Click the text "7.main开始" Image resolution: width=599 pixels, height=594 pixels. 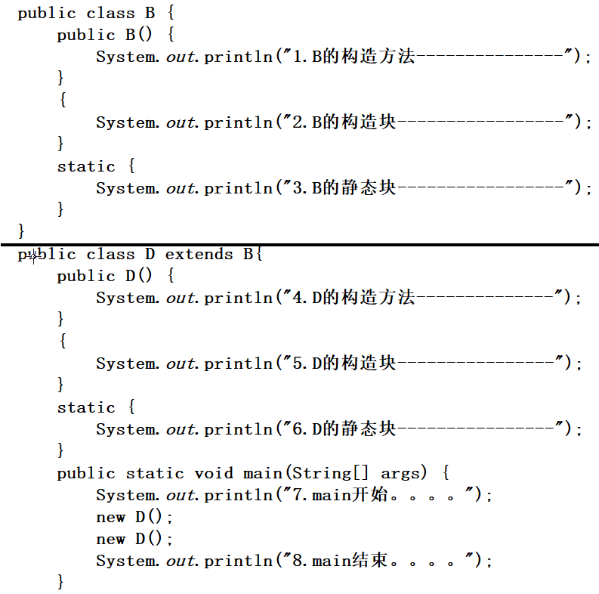pos(340,495)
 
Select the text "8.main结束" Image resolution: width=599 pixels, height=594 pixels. pos(340,561)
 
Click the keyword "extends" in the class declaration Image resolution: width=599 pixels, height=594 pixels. pos(199,254)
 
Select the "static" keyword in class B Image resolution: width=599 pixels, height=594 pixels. pos(86,166)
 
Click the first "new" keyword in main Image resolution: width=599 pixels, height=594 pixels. pos(110,517)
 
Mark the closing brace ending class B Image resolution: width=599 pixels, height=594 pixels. pos(21,229)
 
